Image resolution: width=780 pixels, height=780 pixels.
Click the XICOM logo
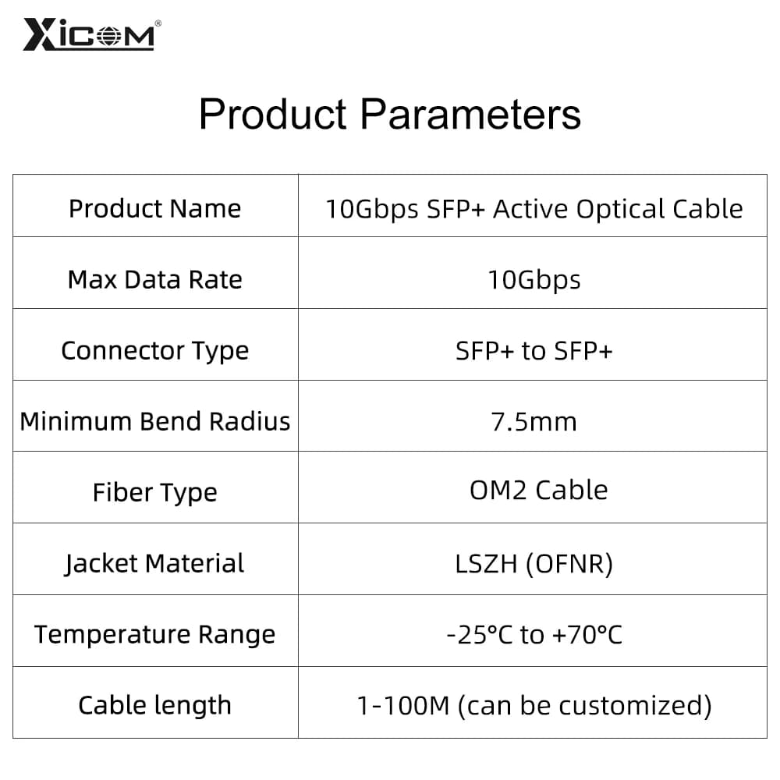[x=90, y=34]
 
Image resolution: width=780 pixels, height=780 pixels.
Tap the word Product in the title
[x=272, y=114]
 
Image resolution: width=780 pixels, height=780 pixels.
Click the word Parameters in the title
[x=470, y=114]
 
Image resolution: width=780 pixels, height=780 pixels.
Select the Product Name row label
[x=154, y=208]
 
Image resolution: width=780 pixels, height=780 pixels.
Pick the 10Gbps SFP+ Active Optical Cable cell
[x=534, y=209]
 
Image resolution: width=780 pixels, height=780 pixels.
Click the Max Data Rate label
[x=154, y=279]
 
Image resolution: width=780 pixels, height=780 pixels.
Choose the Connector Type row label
[x=154, y=351]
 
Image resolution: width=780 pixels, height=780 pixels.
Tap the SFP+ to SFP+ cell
[x=534, y=351]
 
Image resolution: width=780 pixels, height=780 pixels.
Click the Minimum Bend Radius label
[x=154, y=422]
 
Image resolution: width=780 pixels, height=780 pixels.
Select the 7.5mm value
[x=534, y=422]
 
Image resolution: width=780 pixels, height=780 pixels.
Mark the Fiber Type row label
[x=154, y=493]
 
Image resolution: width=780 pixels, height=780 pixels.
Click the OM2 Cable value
[x=539, y=491]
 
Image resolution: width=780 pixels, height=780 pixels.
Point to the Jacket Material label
[x=154, y=564]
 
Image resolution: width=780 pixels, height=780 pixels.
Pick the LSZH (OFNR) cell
[x=534, y=565]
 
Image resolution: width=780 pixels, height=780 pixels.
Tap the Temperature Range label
[x=154, y=635]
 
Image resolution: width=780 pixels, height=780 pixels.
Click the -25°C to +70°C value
[x=534, y=635]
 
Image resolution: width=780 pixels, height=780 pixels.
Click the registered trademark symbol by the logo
[x=158, y=23]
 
